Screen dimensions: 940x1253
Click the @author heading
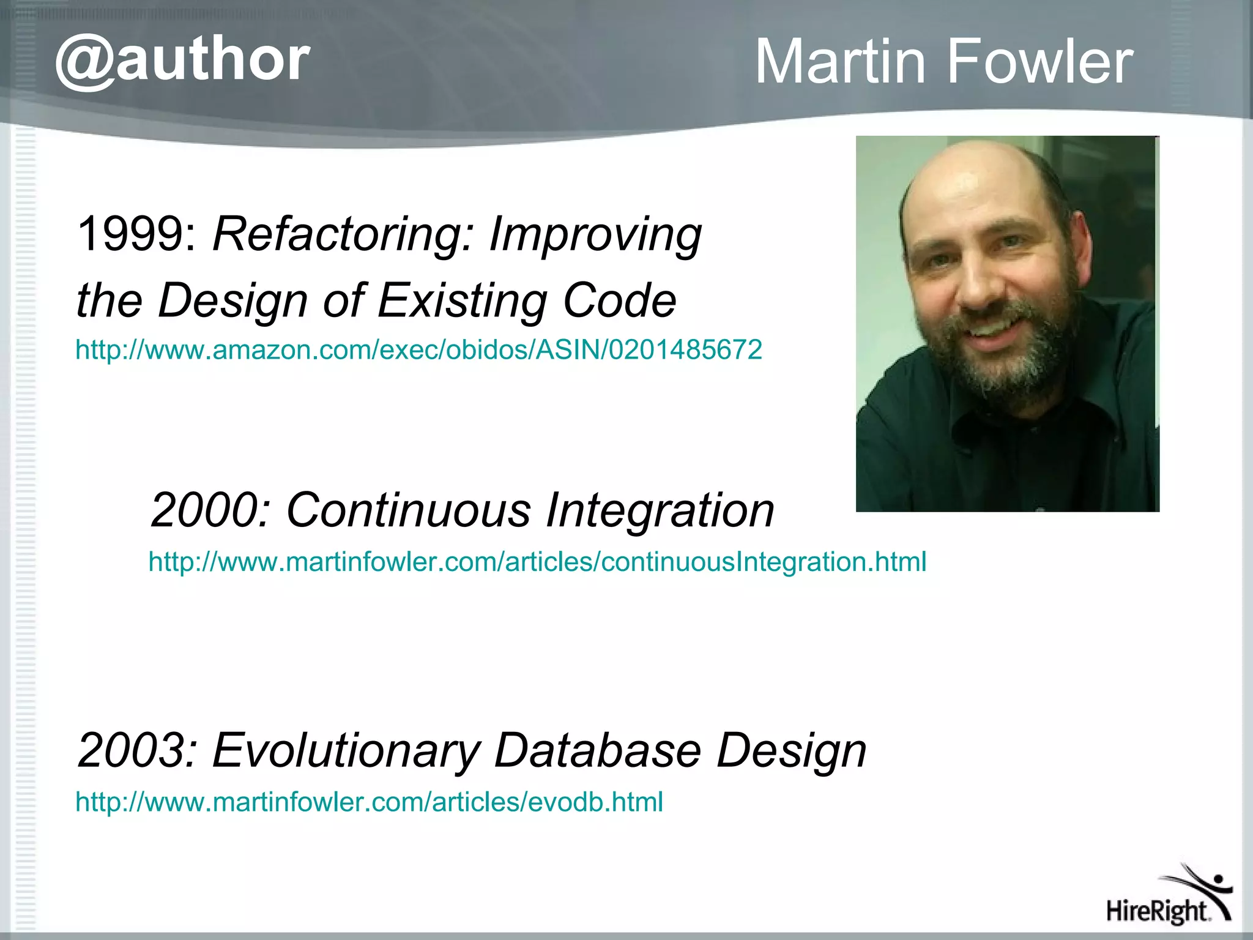tap(182, 61)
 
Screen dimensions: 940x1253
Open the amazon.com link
tap(418, 350)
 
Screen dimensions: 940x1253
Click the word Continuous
tap(409, 510)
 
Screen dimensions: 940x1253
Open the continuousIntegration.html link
tap(537, 562)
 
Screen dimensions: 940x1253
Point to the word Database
tap(597, 750)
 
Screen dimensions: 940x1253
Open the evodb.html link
tap(369, 802)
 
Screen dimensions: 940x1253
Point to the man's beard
tap(1003, 361)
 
